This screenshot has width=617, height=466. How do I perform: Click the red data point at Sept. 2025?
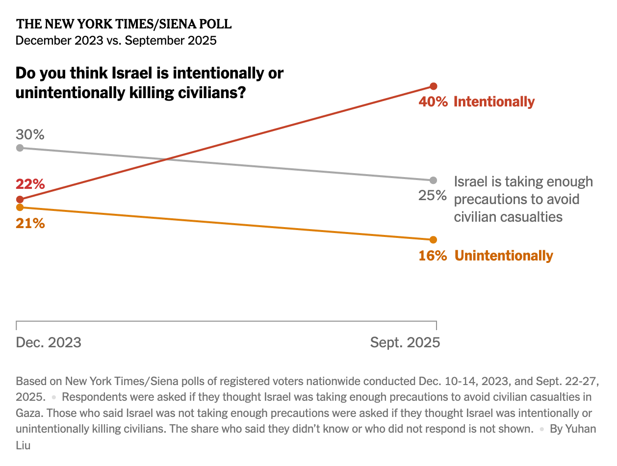pos(433,86)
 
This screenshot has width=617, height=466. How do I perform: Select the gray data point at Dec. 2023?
pos(20,148)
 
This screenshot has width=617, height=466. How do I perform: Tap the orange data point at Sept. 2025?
pos(433,240)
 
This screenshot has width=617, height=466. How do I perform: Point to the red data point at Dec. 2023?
pos(20,199)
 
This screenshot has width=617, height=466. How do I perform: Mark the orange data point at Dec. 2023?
pos(20,207)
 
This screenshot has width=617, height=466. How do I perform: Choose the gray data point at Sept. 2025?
pos(433,180)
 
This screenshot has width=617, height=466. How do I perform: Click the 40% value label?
pos(433,102)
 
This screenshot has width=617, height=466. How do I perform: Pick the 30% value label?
pos(30,134)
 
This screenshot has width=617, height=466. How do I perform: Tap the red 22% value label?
pos(30,184)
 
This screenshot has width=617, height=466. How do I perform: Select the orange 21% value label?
pos(30,224)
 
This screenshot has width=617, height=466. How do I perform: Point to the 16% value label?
pos(433,256)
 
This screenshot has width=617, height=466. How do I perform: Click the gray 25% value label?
pos(433,196)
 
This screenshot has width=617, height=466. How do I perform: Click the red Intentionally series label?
pos(494,102)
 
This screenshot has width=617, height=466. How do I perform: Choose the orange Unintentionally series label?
pos(504,256)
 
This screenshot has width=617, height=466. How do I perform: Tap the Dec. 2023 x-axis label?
pos(49,342)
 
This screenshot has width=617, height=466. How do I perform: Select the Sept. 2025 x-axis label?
pos(405,342)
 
